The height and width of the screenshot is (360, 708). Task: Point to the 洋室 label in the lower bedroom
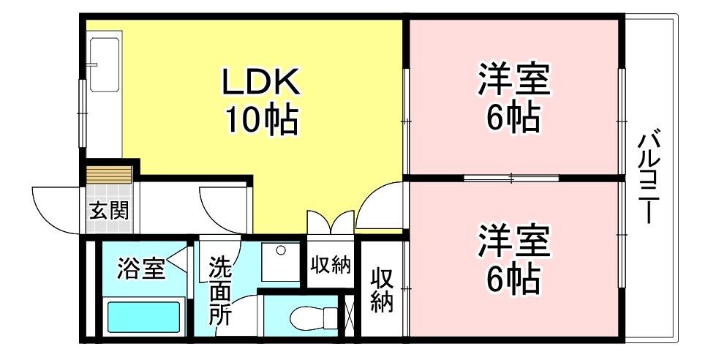click(x=513, y=241)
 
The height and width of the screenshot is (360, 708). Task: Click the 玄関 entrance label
click(x=109, y=211)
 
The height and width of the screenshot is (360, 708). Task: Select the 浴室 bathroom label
click(x=141, y=268)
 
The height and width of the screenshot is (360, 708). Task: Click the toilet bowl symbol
click(x=310, y=319)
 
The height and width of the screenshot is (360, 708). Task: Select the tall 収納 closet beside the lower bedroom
click(x=381, y=290)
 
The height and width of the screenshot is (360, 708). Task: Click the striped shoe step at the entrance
click(x=109, y=176)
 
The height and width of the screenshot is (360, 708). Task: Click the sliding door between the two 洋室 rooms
click(x=512, y=178)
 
